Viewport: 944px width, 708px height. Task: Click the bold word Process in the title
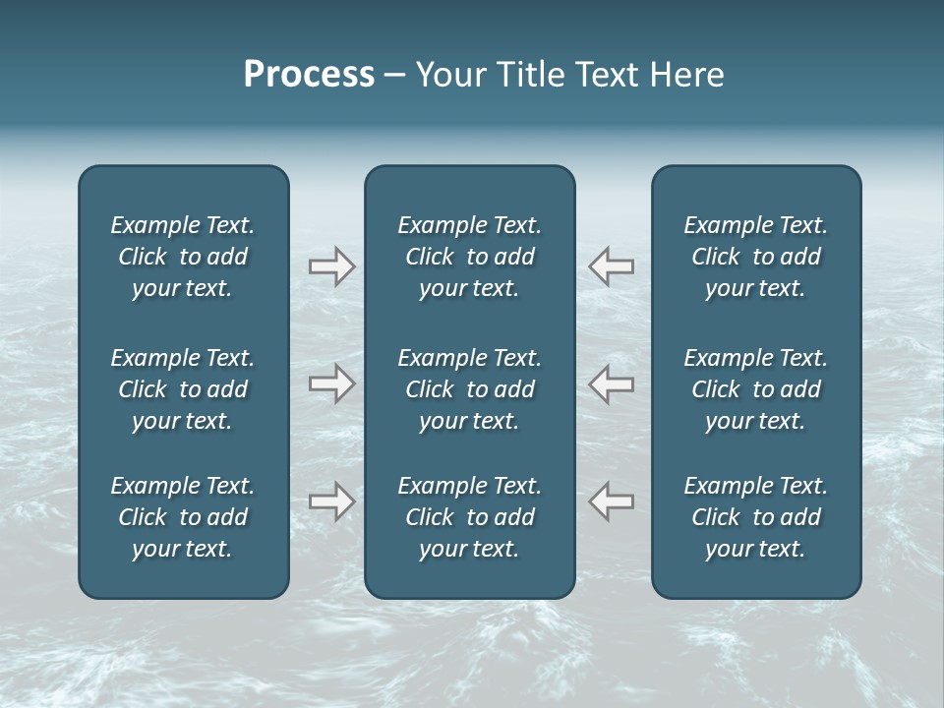click(x=309, y=75)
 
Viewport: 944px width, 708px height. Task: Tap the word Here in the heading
click(x=686, y=75)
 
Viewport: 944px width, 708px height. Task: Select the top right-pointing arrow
click(x=331, y=266)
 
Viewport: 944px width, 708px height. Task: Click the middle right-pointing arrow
click(x=331, y=383)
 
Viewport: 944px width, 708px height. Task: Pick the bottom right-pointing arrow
click(x=331, y=501)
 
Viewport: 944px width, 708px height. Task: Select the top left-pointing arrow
click(x=612, y=266)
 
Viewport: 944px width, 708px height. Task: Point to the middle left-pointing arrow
click(x=612, y=383)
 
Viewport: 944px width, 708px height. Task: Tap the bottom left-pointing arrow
click(x=612, y=501)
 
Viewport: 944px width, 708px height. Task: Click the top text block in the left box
click(x=183, y=257)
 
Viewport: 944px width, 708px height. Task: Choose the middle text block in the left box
click(x=183, y=389)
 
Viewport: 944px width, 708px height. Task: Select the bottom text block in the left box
click(x=183, y=517)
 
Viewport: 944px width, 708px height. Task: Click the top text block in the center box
click(x=469, y=257)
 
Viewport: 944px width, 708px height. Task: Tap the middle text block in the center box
click(x=469, y=389)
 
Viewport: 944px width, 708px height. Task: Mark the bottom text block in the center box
click(x=469, y=517)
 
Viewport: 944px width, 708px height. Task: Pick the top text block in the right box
click(x=756, y=257)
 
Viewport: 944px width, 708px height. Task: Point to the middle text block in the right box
click(x=756, y=389)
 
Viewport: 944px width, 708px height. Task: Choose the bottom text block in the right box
click(x=756, y=517)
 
